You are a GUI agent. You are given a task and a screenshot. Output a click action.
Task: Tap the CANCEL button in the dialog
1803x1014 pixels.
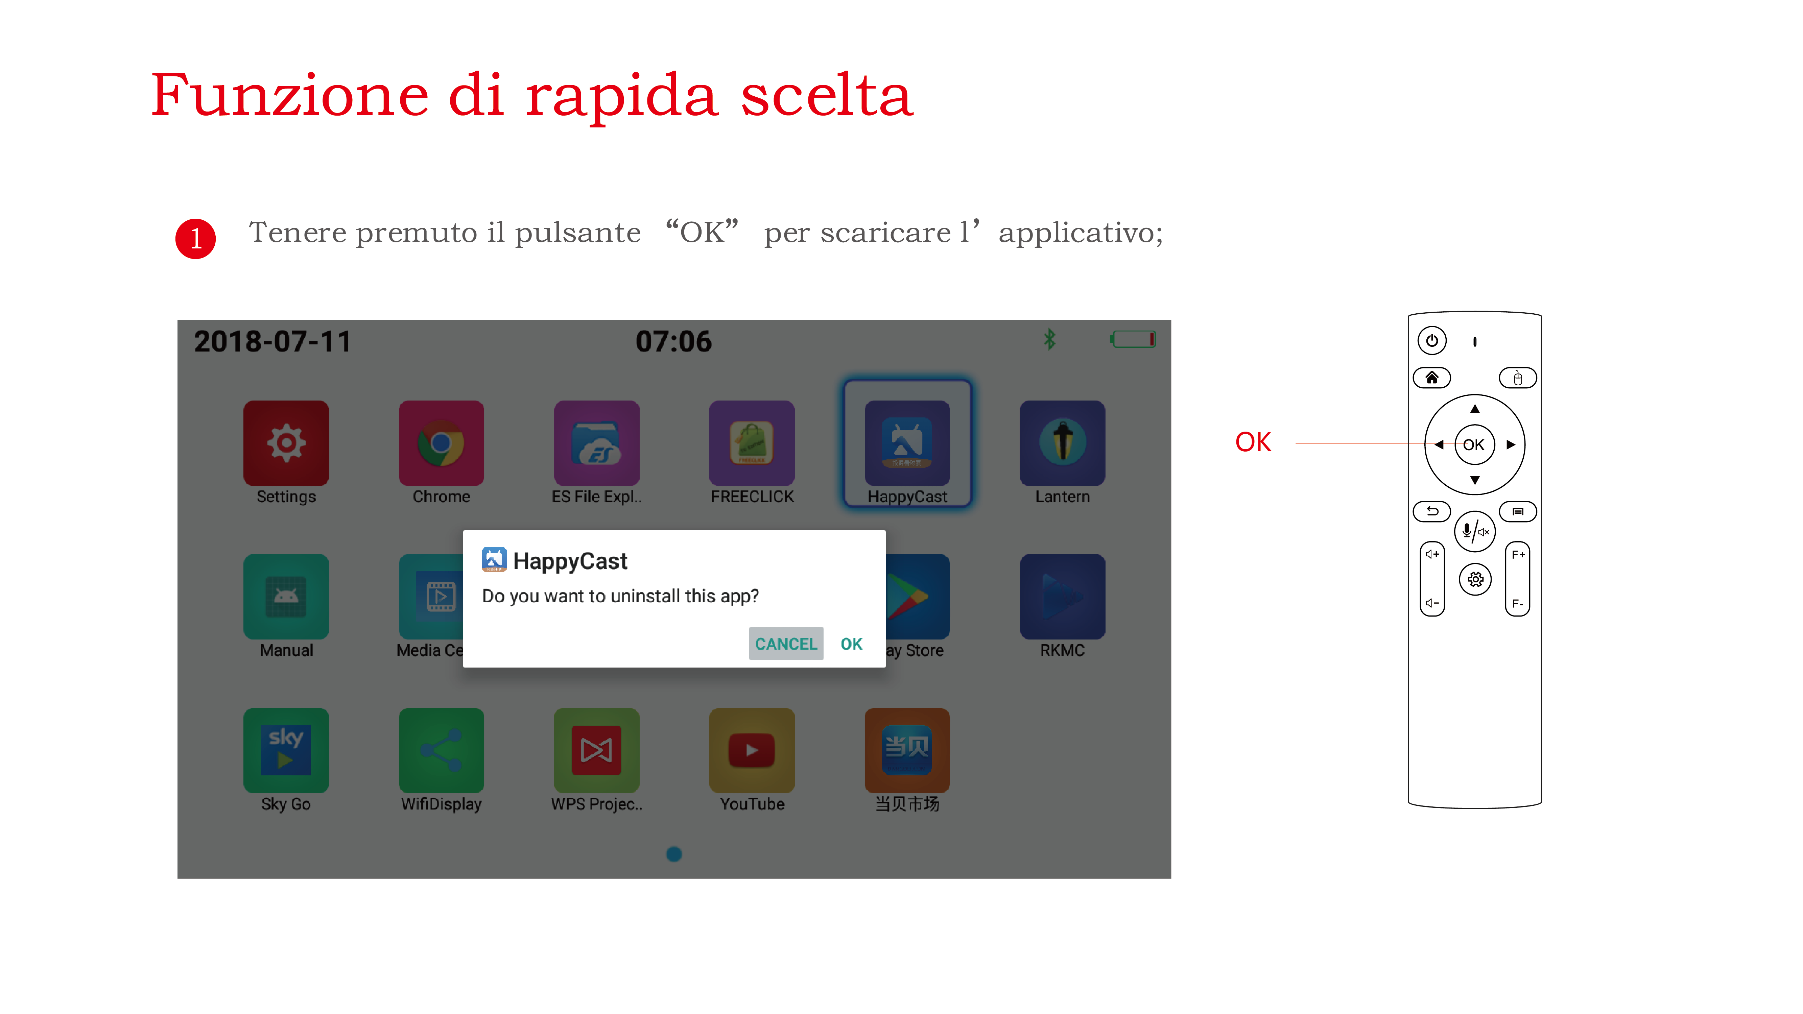[x=785, y=644]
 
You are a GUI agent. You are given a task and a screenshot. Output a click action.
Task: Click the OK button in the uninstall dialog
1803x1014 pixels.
[x=851, y=644]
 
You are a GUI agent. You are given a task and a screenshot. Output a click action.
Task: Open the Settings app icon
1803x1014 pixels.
[x=286, y=443]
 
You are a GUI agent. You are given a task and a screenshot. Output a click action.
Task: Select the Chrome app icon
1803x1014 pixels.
[x=441, y=443]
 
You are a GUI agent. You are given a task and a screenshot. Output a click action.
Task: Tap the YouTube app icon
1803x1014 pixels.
[x=752, y=750]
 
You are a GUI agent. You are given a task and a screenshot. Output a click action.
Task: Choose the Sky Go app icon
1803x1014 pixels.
[x=286, y=750]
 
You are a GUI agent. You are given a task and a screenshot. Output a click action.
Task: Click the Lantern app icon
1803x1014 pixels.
[x=1062, y=443]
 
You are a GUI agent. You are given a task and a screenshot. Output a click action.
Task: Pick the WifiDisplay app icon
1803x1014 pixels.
[x=441, y=750]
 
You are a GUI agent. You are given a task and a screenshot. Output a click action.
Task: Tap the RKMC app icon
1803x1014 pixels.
[x=1062, y=596]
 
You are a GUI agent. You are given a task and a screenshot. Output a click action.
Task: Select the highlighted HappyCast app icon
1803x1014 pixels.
[x=907, y=443]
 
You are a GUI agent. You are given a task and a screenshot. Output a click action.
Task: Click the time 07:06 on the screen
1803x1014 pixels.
[x=673, y=341]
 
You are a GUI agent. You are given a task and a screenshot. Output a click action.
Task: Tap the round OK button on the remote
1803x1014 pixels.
[x=1474, y=444]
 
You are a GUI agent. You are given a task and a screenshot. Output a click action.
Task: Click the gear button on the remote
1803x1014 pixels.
[x=1475, y=579]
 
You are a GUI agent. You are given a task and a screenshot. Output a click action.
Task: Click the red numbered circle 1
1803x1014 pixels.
[x=195, y=239]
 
